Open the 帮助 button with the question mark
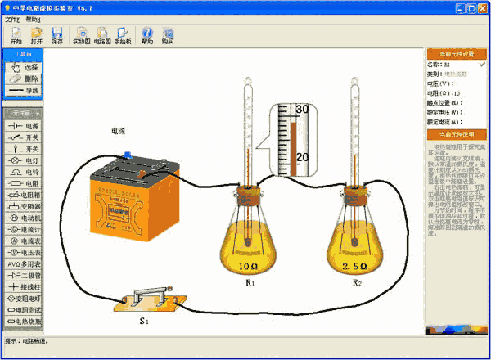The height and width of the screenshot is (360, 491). (147, 35)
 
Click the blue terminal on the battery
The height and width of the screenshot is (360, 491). (127, 155)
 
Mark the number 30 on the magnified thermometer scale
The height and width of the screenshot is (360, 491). (302, 109)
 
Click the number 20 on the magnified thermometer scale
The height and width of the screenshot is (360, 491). (302, 156)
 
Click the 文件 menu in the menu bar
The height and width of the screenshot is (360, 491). (11, 18)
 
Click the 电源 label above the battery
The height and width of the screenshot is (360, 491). (119, 130)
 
